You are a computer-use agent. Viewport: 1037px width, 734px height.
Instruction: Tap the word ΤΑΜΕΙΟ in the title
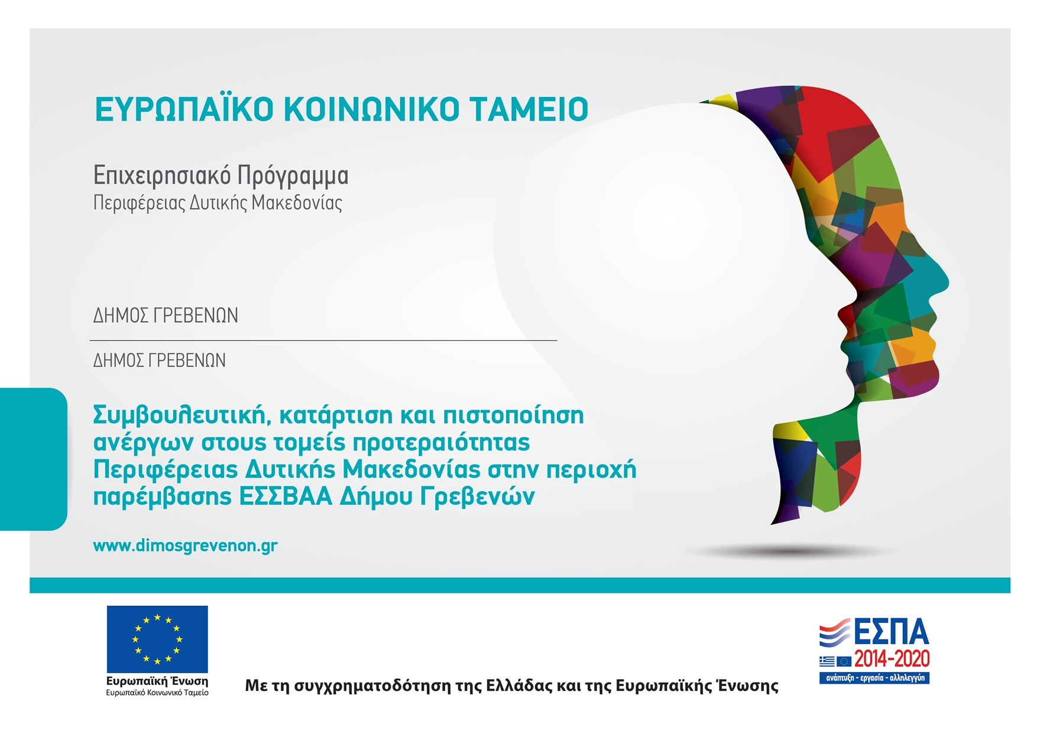529,109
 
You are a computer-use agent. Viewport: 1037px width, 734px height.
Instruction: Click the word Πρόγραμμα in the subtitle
293,176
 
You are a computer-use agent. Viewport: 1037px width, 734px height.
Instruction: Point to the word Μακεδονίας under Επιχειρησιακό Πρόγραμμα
297,203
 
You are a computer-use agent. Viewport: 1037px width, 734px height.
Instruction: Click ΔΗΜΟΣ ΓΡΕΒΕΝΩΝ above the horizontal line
166,316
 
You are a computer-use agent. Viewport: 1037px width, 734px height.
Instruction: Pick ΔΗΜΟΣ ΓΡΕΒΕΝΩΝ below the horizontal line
159,360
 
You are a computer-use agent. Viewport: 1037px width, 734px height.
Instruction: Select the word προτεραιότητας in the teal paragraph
441,443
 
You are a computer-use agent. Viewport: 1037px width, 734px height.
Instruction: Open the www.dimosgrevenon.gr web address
185,545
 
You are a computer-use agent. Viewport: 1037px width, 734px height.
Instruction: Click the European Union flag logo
157,639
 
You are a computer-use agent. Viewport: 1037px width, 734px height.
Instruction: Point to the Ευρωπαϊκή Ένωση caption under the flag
157,681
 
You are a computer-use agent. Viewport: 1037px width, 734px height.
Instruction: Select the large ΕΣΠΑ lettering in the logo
891,632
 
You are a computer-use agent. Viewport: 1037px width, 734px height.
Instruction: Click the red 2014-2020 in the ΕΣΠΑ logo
892,658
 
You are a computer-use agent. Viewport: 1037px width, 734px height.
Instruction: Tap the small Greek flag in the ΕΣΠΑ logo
827,661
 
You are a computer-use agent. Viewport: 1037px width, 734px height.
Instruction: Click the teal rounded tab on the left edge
34,459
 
